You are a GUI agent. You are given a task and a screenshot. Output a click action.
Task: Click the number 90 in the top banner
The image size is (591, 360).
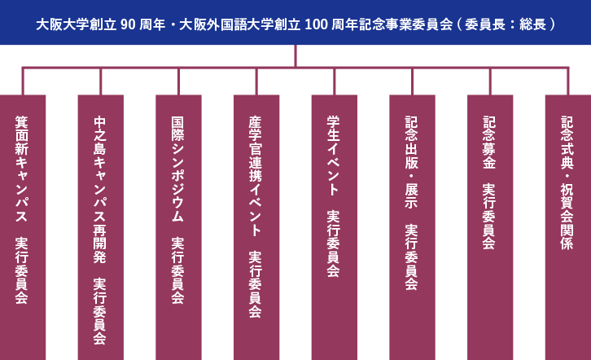pos(128,24)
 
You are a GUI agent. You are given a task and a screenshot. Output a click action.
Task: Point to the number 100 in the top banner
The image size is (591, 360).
pos(316,24)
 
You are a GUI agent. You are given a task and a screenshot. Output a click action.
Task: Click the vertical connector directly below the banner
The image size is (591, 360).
pos(295,55)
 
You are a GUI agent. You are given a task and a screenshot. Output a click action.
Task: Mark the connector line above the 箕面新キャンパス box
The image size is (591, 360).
pos(23,81)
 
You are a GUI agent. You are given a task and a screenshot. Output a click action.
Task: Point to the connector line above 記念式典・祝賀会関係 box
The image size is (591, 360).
pos(567,81)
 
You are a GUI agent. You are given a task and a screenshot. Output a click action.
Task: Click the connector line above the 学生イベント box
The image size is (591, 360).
pos(334,81)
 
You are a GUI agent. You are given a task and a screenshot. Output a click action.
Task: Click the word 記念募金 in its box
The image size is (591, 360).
pos(489,142)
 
